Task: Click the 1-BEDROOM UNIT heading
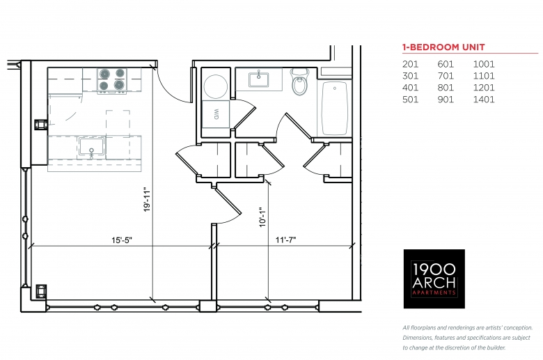click(443, 47)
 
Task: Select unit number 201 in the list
click(410, 64)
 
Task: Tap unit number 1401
click(484, 100)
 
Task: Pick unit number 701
click(446, 76)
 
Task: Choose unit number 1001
click(484, 64)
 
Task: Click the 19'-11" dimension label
click(147, 200)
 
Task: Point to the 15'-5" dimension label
click(122, 240)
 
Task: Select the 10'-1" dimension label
click(262, 217)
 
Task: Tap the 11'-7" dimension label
click(285, 240)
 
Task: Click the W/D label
click(216, 115)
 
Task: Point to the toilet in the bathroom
click(299, 81)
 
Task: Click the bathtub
click(335, 108)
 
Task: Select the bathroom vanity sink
click(258, 79)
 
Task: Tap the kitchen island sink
click(91, 146)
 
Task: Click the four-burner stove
click(112, 80)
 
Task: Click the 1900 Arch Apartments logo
click(434, 279)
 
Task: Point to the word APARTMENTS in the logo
click(434, 293)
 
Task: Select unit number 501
click(410, 100)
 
